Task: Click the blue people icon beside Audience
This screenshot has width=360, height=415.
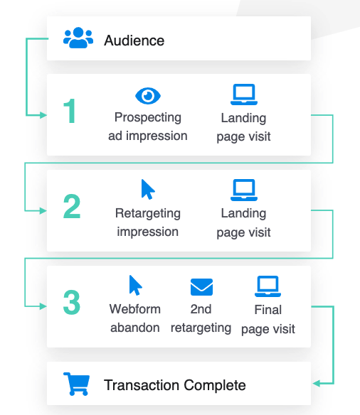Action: click(78, 38)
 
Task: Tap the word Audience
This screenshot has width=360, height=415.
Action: click(134, 41)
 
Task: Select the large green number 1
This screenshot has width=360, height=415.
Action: click(70, 111)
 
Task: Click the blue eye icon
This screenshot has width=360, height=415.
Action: click(148, 96)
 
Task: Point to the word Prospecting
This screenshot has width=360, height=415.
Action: click(148, 117)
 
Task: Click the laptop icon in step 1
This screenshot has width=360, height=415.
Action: click(244, 95)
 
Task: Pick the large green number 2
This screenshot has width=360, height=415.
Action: click(72, 206)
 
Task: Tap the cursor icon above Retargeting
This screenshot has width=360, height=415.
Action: click(148, 189)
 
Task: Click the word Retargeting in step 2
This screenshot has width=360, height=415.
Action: click(148, 213)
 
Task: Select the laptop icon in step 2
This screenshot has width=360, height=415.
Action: click(244, 190)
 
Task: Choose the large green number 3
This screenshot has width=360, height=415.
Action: click(72, 302)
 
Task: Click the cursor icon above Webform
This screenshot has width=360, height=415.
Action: click(135, 286)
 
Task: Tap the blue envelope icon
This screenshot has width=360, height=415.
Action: click(201, 287)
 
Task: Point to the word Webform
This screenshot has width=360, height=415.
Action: click(135, 309)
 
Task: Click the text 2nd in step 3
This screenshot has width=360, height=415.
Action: click(201, 309)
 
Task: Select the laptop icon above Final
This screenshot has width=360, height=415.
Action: click(268, 286)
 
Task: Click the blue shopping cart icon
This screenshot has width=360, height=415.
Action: click(77, 384)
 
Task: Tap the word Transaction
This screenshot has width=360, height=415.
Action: click(142, 385)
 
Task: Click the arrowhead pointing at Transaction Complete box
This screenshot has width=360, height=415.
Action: click(317, 383)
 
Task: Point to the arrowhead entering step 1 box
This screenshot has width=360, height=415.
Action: click(43, 115)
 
